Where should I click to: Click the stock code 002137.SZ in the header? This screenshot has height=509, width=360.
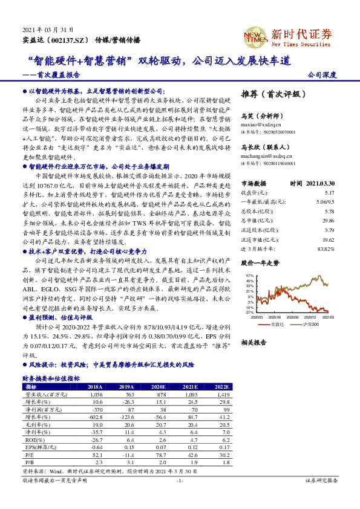click(x=66, y=40)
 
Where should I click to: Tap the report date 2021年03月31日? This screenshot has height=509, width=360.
click(x=43, y=29)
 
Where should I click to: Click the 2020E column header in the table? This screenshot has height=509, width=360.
click(x=158, y=386)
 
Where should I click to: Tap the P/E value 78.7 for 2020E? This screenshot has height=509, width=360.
click(x=159, y=454)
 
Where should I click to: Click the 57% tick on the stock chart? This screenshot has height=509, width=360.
click(x=250, y=276)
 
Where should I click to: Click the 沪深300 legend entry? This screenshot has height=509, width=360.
click(x=310, y=325)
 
